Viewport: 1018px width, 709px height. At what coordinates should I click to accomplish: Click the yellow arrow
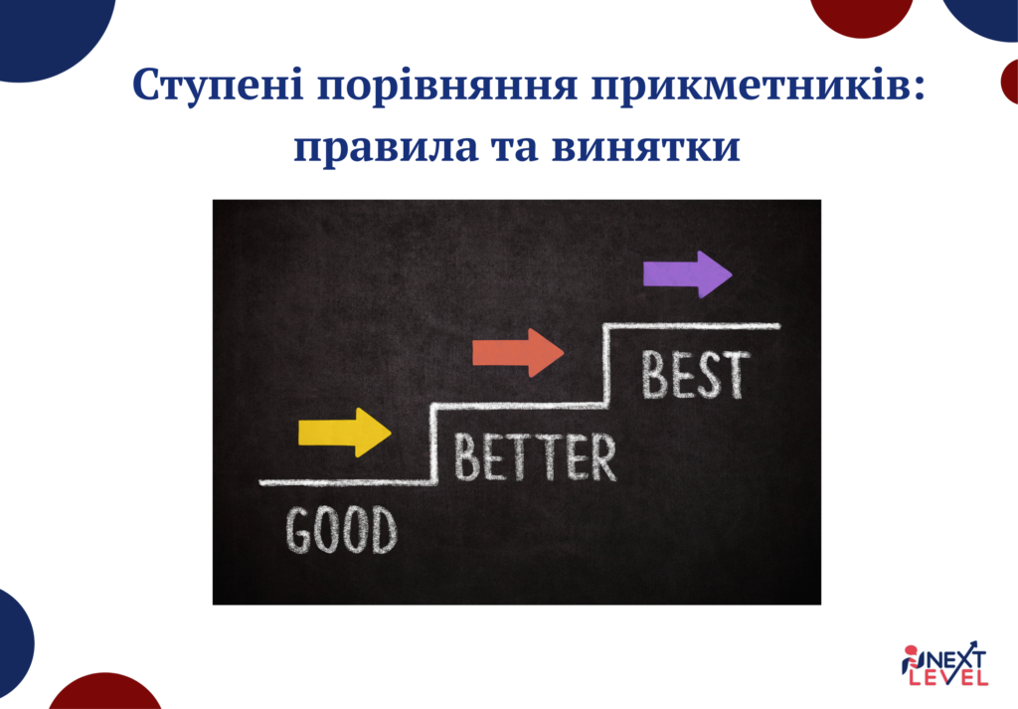[x=344, y=433]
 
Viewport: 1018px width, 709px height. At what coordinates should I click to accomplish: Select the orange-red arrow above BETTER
[x=517, y=352]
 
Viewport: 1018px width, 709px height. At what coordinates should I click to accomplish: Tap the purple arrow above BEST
[x=686, y=273]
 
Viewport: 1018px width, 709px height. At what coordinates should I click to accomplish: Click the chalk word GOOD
[x=342, y=530]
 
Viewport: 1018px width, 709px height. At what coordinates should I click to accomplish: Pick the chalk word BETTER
[x=534, y=457]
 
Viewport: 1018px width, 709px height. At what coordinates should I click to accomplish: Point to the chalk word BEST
[x=694, y=375]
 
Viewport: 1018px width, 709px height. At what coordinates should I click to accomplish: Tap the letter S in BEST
[x=710, y=375]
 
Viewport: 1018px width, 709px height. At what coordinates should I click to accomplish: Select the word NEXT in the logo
[x=957, y=657]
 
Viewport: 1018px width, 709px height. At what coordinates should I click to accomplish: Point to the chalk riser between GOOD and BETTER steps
[x=432, y=443]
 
